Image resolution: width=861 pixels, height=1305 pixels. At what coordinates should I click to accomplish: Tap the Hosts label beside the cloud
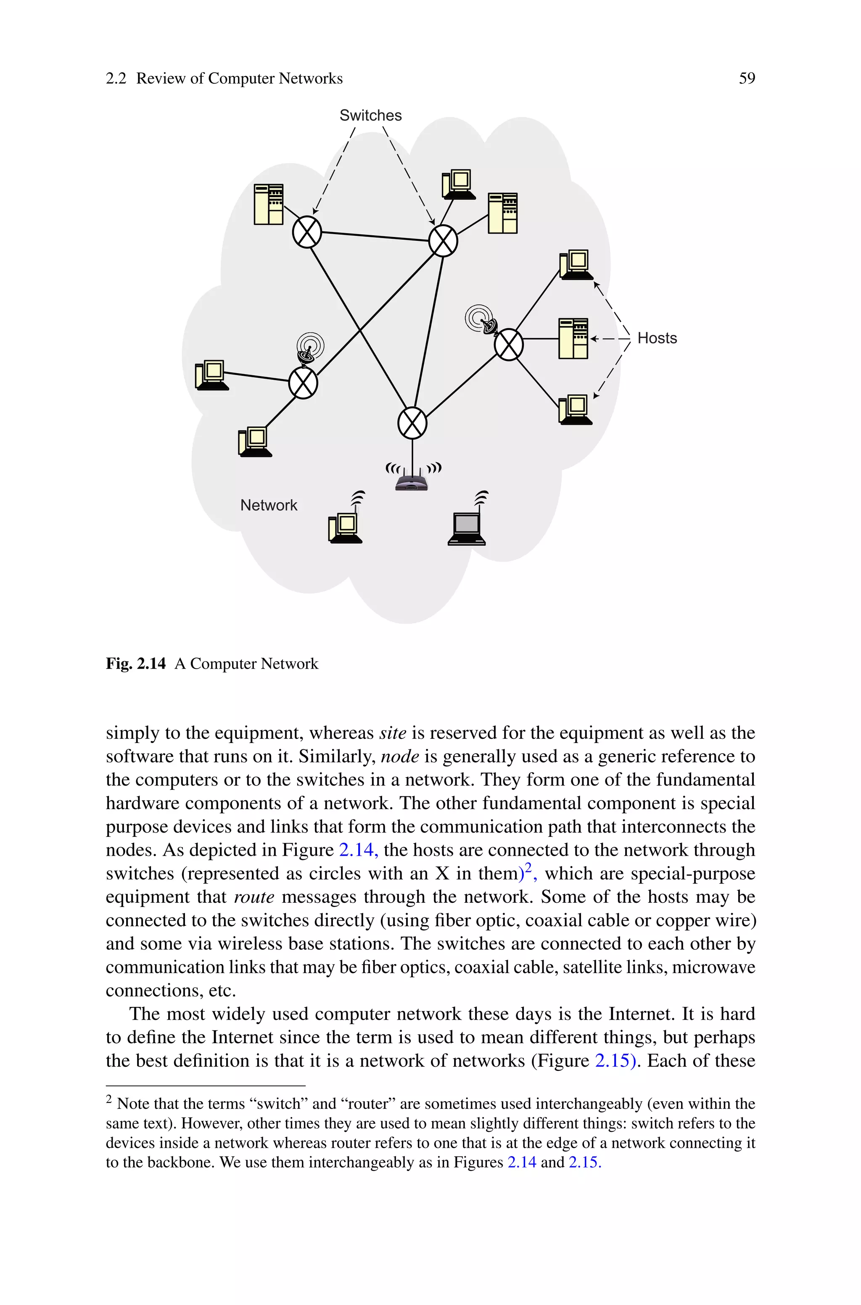click(657, 338)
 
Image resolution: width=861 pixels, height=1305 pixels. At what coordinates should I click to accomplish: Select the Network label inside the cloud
click(269, 505)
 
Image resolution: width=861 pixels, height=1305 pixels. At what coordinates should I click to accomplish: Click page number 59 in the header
click(747, 79)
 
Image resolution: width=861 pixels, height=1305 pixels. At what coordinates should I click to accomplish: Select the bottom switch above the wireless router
click(412, 423)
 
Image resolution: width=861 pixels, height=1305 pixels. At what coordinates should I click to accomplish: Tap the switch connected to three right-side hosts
click(508, 345)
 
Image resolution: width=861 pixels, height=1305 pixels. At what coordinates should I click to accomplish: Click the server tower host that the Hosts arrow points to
click(573, 339)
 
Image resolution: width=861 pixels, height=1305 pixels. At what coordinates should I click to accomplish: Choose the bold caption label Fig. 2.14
click(136, 664)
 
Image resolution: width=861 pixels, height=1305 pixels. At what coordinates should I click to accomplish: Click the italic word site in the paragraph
click(393, 733)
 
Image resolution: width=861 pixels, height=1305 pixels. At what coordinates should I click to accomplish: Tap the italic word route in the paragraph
click(254, 897)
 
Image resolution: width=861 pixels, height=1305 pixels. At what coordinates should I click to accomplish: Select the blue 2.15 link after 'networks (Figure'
click(614, 1061)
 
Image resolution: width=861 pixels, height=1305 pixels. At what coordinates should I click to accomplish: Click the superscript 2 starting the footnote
click(109, 1100)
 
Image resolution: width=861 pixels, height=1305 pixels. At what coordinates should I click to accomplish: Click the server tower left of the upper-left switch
click(269, 204)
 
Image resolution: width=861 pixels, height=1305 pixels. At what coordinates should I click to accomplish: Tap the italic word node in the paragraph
click(400, 757)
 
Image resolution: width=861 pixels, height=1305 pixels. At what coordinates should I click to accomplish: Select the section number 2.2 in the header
click(116, 79)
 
